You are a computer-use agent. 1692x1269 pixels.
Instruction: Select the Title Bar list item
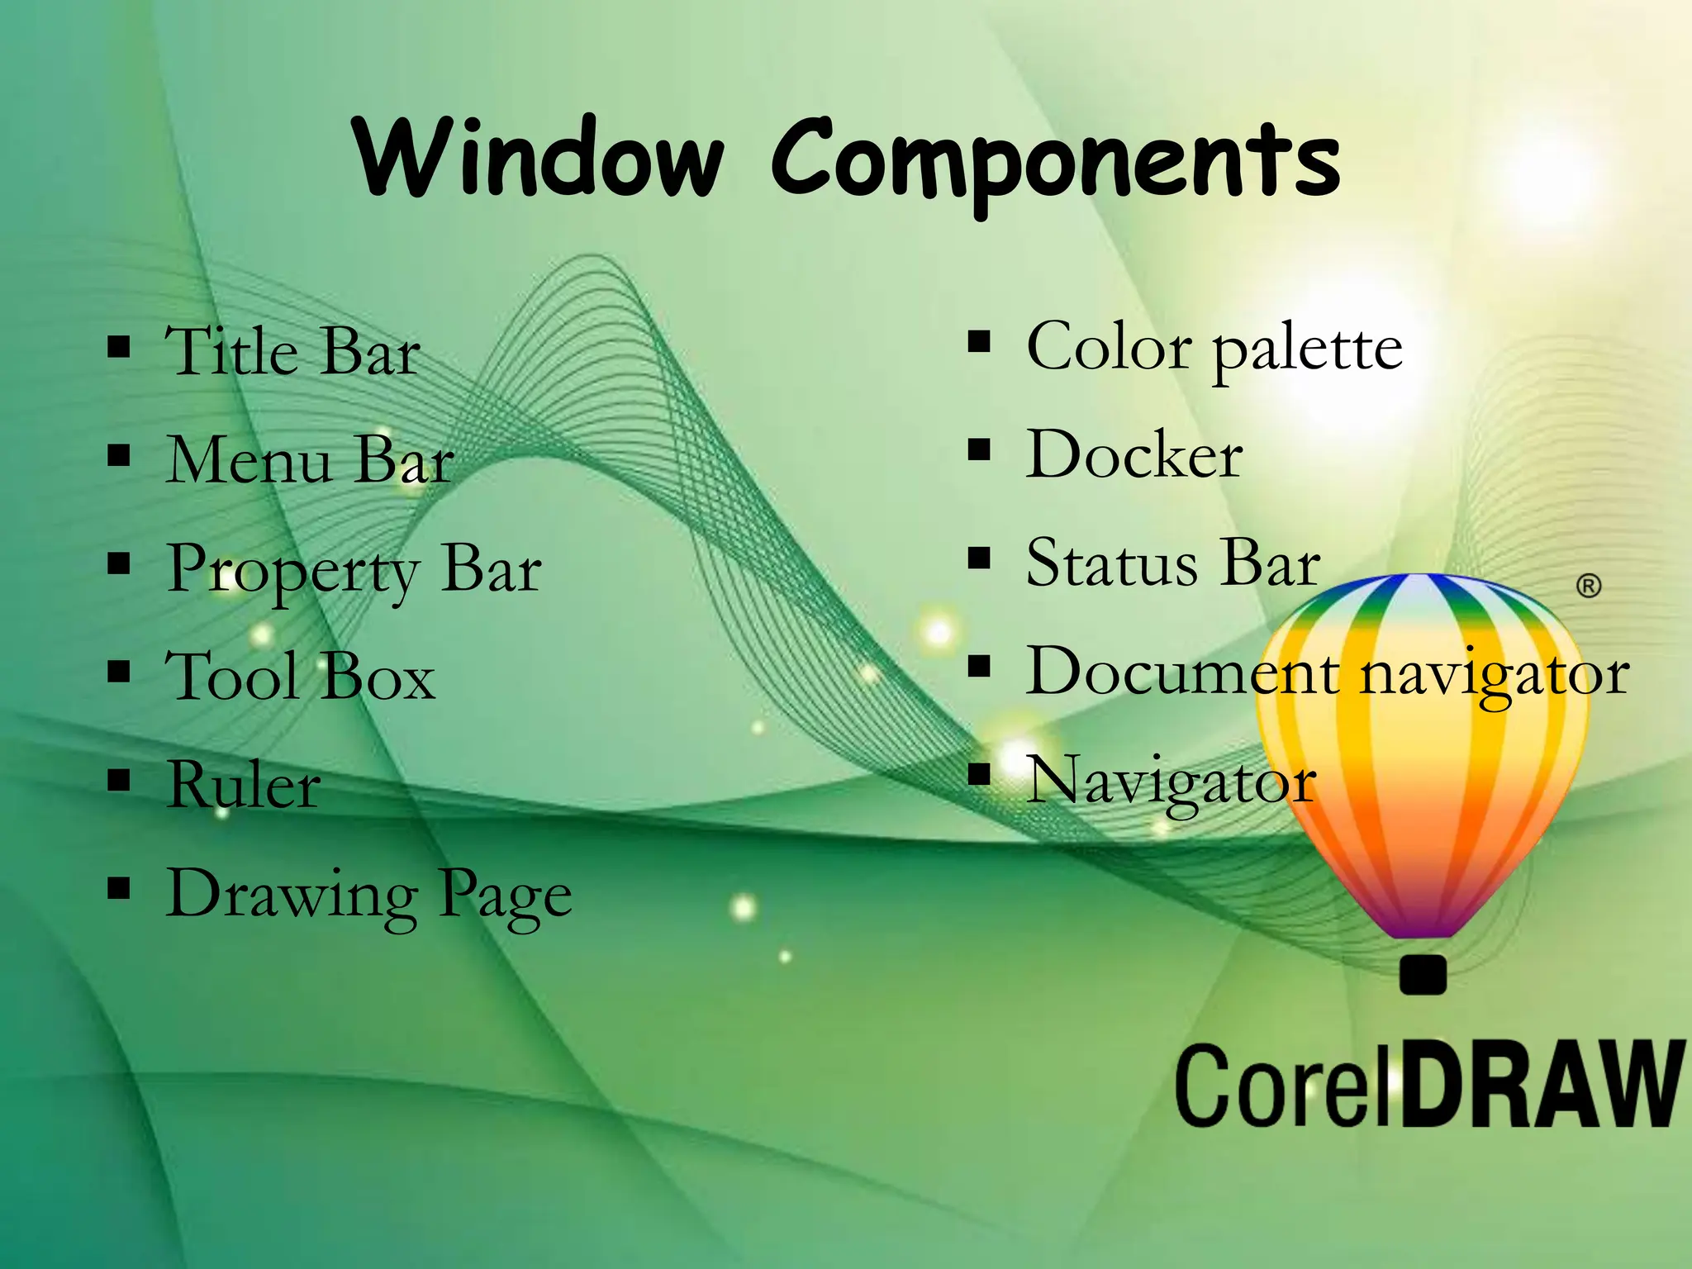[x=292, y=350]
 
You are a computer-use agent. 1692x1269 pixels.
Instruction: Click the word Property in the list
[x=292, y=570]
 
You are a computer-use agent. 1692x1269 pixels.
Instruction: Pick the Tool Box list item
[x=300, y=676]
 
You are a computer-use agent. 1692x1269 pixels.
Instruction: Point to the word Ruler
[x=244, y=784]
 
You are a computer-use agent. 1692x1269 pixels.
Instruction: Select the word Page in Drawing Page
[x=505, y=896]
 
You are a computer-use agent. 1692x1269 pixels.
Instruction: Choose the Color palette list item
[x=1214, y=348]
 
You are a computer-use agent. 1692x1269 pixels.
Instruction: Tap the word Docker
[x=1134, y=454]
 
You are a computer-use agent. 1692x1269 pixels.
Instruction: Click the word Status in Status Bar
[x=1111, y=563]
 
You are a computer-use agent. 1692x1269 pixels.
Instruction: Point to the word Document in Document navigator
[x=1181, y=671]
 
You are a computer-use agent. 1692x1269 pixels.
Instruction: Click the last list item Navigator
[x=1171, y=781]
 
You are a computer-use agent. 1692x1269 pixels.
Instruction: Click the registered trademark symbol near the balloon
[x=1588, y=586]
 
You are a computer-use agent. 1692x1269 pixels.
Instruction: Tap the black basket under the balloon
[x=1423, y=974]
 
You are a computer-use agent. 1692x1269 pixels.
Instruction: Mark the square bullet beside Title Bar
[x=119, y=348]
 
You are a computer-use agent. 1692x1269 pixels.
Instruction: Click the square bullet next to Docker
[x=979, y=451]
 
